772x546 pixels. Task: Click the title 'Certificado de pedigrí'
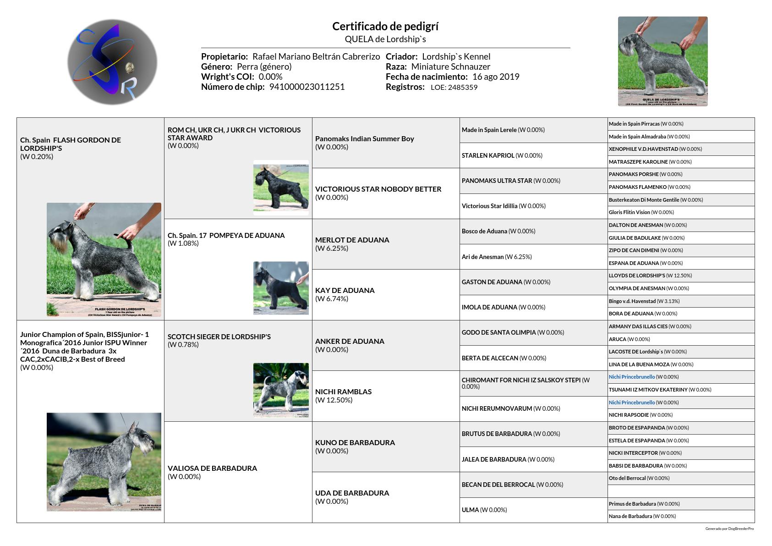pyautogui.click(x=385, y=26)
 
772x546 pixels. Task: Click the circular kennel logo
pyautogui.click(x=112, y=62)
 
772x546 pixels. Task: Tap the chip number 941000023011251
pyautogui.click(x=307, y=87)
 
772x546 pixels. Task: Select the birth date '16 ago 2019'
pyautogui.click(x=496, y=77)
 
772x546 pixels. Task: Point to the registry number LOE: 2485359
pyautogui.click(x=454, y=87)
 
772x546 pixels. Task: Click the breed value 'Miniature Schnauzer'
pyautogui.click(x=451, y=66)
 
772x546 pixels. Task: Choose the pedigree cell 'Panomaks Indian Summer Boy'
pyautogui.click(x=365, y=139)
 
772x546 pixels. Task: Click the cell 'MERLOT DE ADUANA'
pyautogui.click(x=352, y=240)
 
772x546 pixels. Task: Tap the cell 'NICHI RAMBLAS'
pyautogui.click(x=343, y=392)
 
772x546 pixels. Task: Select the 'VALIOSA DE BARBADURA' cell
pyautogui.click(x=212, y=468)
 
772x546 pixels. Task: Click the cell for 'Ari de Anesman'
pyautogui.click(x=482, y=257)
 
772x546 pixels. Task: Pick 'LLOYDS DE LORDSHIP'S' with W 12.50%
pyautogui.click(x=637, y=276)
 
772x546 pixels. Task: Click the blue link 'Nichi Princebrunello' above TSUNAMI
pyautogui.click(x=631, y=377)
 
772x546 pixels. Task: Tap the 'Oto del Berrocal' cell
pyautogui.click(x=627, y=478)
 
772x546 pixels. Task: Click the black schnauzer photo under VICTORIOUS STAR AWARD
pyautogui.click(x=281, y=188)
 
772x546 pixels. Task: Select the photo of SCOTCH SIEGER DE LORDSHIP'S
pyautogui.click(x=281, y=390)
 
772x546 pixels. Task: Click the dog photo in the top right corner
pyautogui.click(x=662, y=61)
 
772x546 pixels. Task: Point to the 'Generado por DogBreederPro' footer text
pyautogui.click(x=729, y=529)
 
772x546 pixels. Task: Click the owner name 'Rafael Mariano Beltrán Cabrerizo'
pyautogui.click(x=316, y=56)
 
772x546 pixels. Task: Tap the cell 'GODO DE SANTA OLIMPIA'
pyautogui.click(x=498, y=332)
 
